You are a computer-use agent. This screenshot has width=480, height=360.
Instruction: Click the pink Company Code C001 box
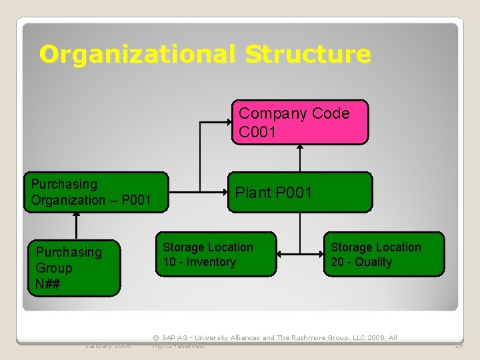click(300, 122)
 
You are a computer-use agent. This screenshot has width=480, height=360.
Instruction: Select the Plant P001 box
click(299, 192)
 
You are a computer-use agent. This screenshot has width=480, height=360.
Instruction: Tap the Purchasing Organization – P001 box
click(96, 192)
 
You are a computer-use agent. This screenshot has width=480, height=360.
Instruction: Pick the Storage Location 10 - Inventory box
click(216, 254)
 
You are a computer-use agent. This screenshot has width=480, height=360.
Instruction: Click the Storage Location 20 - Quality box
click(384, 254)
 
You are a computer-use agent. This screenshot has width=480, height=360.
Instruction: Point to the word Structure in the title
click(307, 54)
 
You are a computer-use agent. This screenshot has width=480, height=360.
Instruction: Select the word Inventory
click(211, 262)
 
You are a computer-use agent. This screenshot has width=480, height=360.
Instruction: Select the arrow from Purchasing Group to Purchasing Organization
click(77, 225)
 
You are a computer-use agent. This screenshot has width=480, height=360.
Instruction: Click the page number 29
click(459, 345)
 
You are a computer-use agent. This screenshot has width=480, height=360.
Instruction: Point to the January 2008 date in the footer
click(108, 345)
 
